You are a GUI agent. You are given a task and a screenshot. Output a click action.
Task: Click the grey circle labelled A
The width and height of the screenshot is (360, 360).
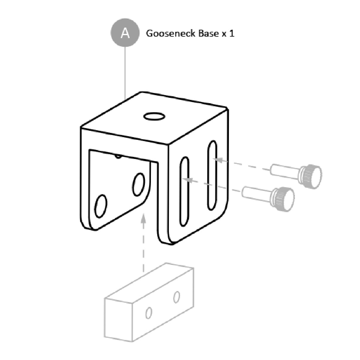125,33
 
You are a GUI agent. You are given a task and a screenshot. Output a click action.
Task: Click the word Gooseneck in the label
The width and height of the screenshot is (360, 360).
170,33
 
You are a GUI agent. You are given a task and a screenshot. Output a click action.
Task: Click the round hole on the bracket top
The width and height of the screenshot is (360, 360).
154,116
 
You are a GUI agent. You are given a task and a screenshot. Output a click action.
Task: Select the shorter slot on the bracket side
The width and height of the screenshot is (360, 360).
184,191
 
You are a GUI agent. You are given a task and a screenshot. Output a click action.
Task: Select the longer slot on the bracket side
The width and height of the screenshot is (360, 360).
212,175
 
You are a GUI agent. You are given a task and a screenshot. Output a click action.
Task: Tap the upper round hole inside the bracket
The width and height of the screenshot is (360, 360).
138,184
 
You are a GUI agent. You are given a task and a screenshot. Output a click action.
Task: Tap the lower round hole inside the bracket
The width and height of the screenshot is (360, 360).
101,206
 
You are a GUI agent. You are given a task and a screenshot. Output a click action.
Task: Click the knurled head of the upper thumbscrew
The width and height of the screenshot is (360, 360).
310,176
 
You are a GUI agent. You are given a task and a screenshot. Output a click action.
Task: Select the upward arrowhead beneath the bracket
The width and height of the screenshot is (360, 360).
143,219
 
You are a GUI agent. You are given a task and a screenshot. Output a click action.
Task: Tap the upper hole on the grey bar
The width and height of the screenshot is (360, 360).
176,297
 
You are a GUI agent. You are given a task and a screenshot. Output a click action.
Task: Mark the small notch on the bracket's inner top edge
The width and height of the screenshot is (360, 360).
118,157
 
